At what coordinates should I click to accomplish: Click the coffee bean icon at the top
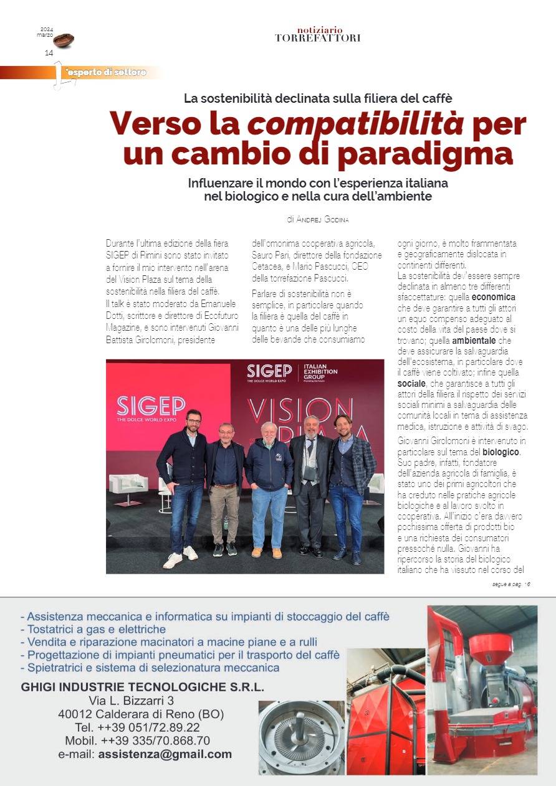[x=63, y=40]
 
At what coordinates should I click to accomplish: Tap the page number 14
[x=49, y=53]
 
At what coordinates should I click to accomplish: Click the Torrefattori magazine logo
[x=317, y=34]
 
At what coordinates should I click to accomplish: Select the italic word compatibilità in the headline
[x=355, y=124]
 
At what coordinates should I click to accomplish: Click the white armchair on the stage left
[x=128, y=485]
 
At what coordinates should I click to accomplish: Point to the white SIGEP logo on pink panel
[x=150, y=406]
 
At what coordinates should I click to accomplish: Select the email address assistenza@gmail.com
[x=165, y=754]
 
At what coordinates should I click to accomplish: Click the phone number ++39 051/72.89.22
[x=137, y=727]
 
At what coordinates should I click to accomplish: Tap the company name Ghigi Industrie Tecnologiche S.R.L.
[x=142, y=687]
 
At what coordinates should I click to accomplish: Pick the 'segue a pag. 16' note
[x=510, y=584]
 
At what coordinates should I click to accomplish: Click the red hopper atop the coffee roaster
[x=491, y=648]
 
